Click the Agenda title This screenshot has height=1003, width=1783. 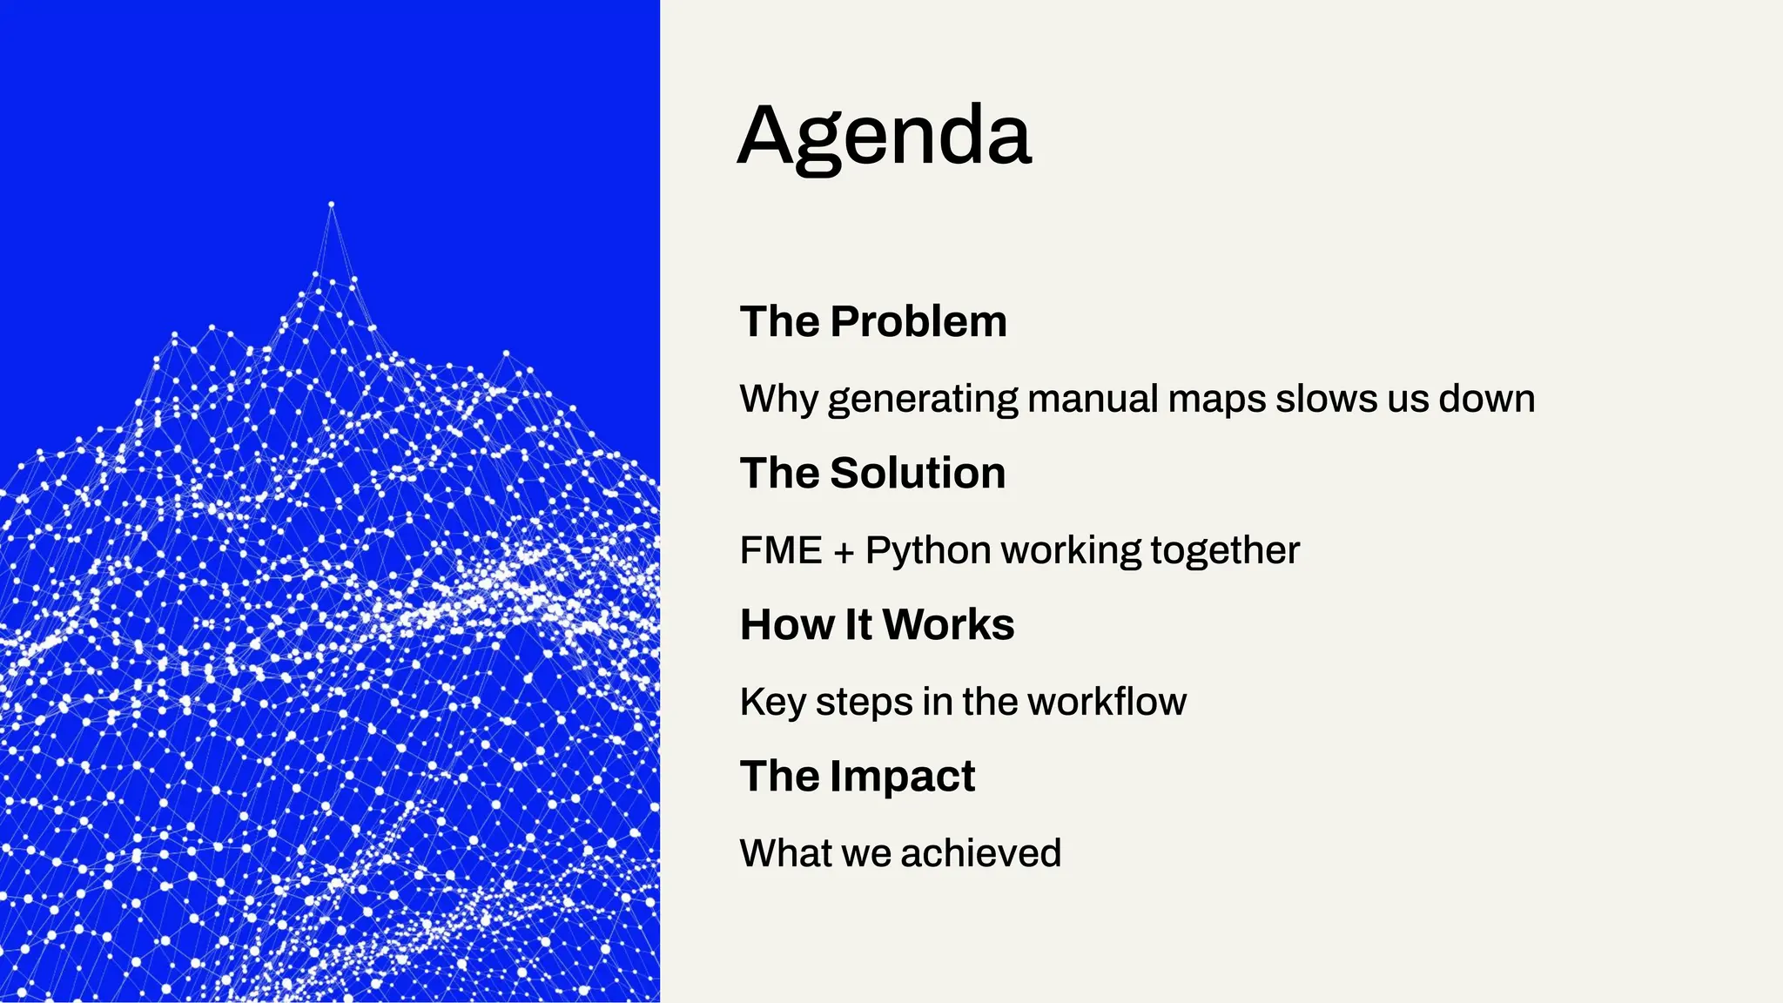tap(884, 136)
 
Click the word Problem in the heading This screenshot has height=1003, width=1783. tap(918, 321)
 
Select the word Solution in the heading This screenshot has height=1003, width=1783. tap(918, 473)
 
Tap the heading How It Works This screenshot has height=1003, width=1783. tap(877, 624)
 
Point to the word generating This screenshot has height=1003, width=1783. tap(922, 400)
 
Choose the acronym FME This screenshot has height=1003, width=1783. tap(781, 550)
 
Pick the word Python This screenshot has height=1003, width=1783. tap(928, 551)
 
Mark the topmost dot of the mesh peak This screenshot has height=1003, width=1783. tap(331, 205)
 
